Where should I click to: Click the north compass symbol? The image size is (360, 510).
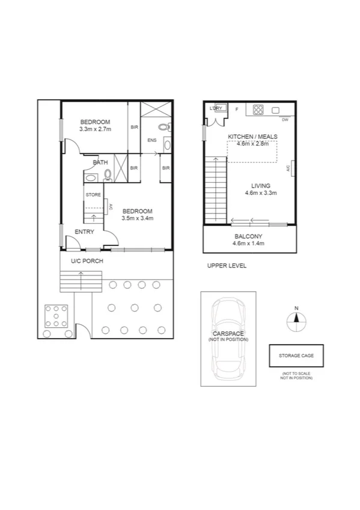[x=296, y=320]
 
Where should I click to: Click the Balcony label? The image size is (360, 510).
[x=248, y=236]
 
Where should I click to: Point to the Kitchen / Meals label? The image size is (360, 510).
[x=252, y=137]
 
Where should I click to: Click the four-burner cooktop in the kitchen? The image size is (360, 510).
[x=258, y=109]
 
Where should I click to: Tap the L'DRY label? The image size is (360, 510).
[x=216, y=108]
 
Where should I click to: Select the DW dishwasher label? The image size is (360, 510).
[x=285, y=120]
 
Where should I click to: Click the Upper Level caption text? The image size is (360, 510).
[x=227, y=265]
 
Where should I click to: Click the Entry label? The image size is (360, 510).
[x=84, y=232]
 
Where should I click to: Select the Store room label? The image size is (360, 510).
[x=93, y=194]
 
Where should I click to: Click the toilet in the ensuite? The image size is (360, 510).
[x=163, y=127]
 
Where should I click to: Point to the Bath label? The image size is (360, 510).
[x=100, y=162]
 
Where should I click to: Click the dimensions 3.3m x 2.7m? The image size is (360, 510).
[x=96, y=129]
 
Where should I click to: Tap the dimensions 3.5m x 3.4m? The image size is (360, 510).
[x=138, y=218]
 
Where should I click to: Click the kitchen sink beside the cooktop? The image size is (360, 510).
[x=276, y=109]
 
